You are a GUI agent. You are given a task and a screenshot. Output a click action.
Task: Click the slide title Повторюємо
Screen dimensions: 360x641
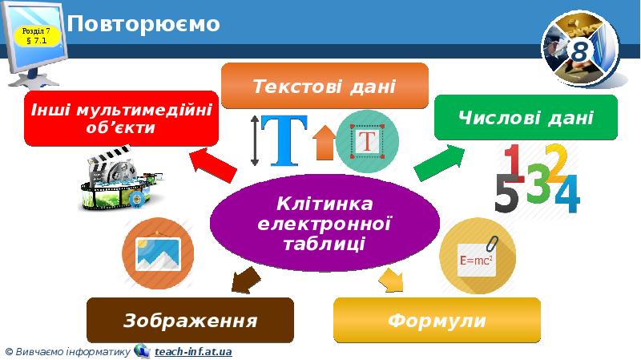coord(144,24)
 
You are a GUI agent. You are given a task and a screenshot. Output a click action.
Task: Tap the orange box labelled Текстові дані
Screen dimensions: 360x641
coord(325,85)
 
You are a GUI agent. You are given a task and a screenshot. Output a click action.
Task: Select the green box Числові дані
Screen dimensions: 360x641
coord(526,119)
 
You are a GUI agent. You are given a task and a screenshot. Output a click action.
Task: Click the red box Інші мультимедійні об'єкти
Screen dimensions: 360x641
coord(121,118)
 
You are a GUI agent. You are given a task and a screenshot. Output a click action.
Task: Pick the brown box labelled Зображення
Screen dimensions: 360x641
coord(190,321)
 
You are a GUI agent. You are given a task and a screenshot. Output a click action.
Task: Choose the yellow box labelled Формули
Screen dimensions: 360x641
coord(437,321)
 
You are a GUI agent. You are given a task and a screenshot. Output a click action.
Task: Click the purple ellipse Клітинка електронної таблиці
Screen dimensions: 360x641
coord(325,222)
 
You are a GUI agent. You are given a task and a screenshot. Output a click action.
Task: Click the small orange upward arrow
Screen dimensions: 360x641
coord(324,143)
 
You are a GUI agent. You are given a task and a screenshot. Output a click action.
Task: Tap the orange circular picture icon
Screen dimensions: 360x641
coord(158,253)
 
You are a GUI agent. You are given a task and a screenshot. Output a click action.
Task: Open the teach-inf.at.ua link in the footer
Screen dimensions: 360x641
coord(193,351)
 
